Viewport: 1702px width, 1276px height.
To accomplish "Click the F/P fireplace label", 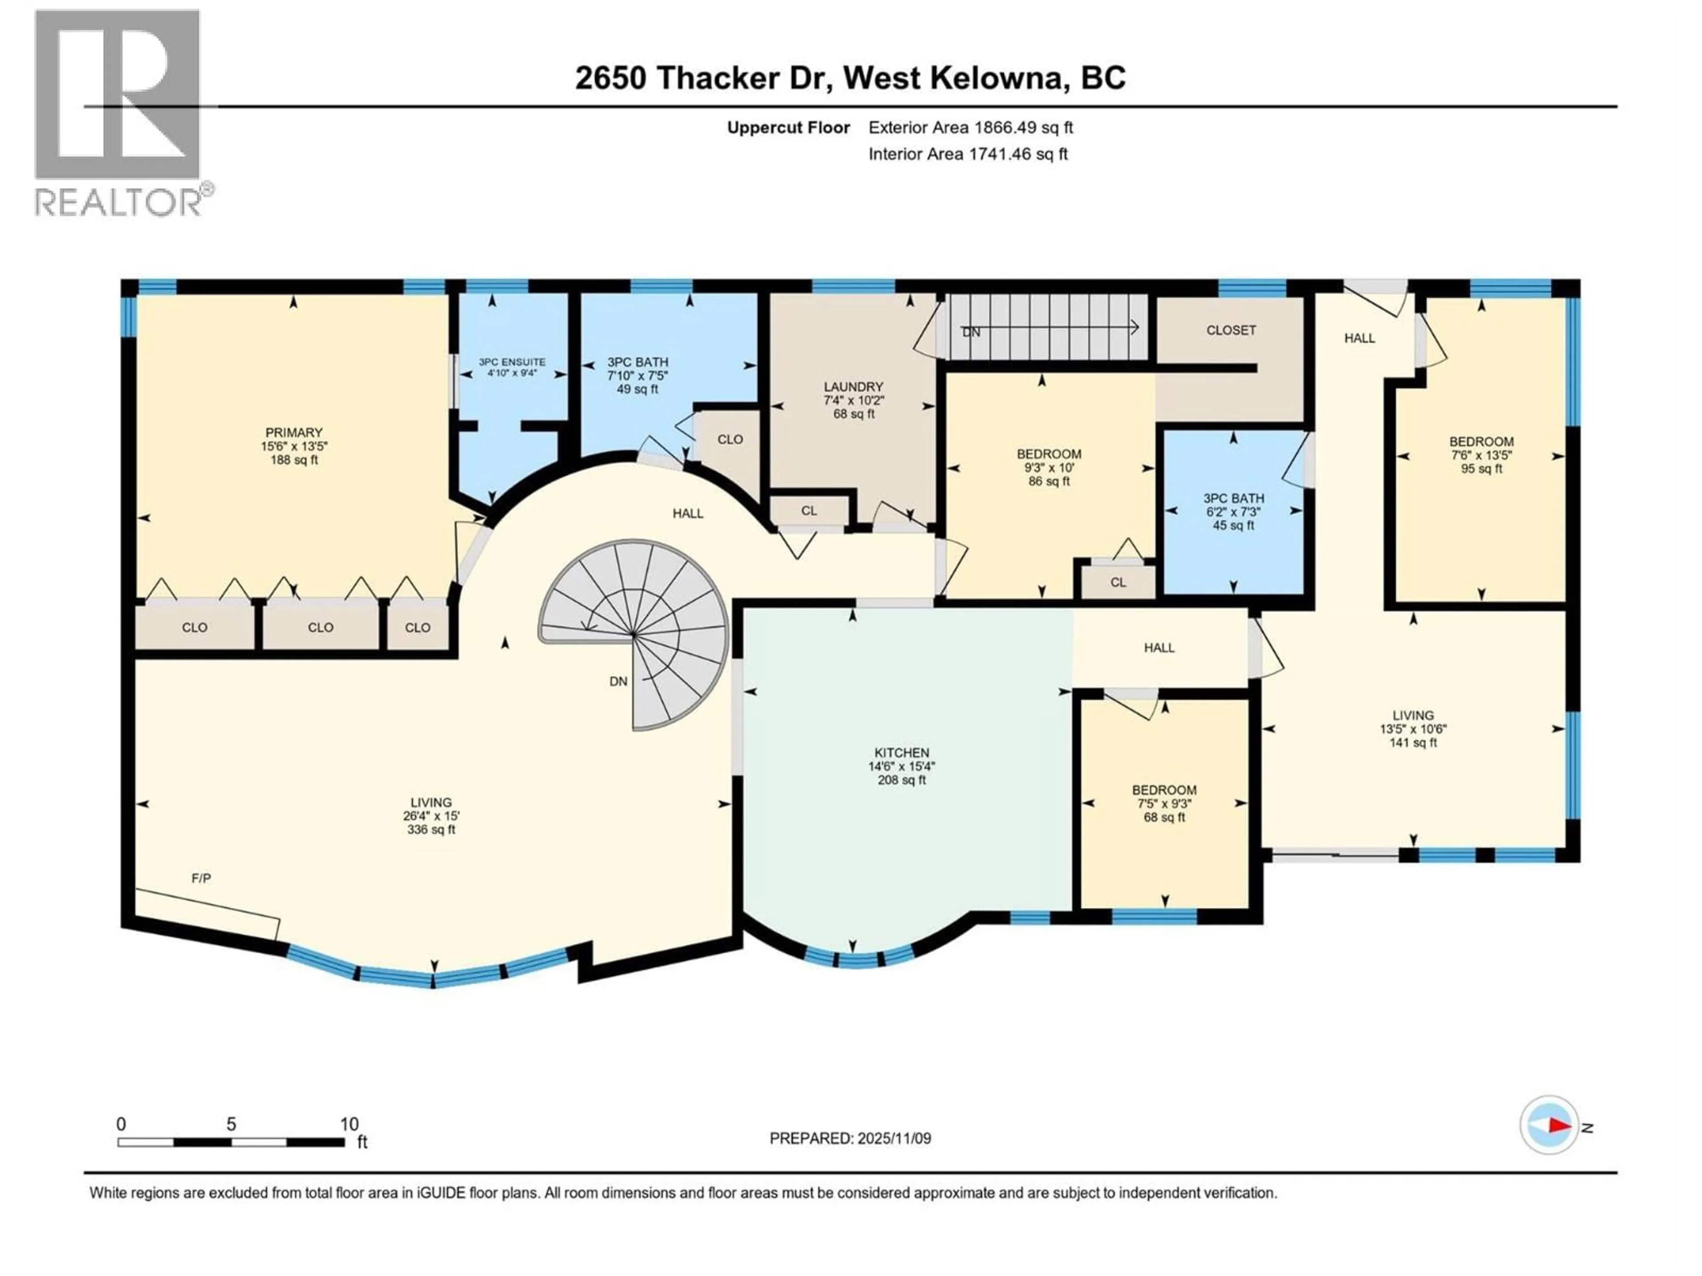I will (x=201, y=878).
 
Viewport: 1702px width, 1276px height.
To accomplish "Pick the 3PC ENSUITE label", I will (x=511, y=362).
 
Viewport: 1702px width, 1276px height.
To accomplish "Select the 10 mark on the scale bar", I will (x=348, y=1124).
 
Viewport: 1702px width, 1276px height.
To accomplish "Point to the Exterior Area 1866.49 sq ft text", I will (x=970, y=128).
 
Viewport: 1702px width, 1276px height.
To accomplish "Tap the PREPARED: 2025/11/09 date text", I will (x=850, y=1138).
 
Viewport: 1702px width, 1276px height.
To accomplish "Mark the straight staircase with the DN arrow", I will (x=1046, y=329).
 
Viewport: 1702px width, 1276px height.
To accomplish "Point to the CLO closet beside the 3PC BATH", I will (x=730, y=439).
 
